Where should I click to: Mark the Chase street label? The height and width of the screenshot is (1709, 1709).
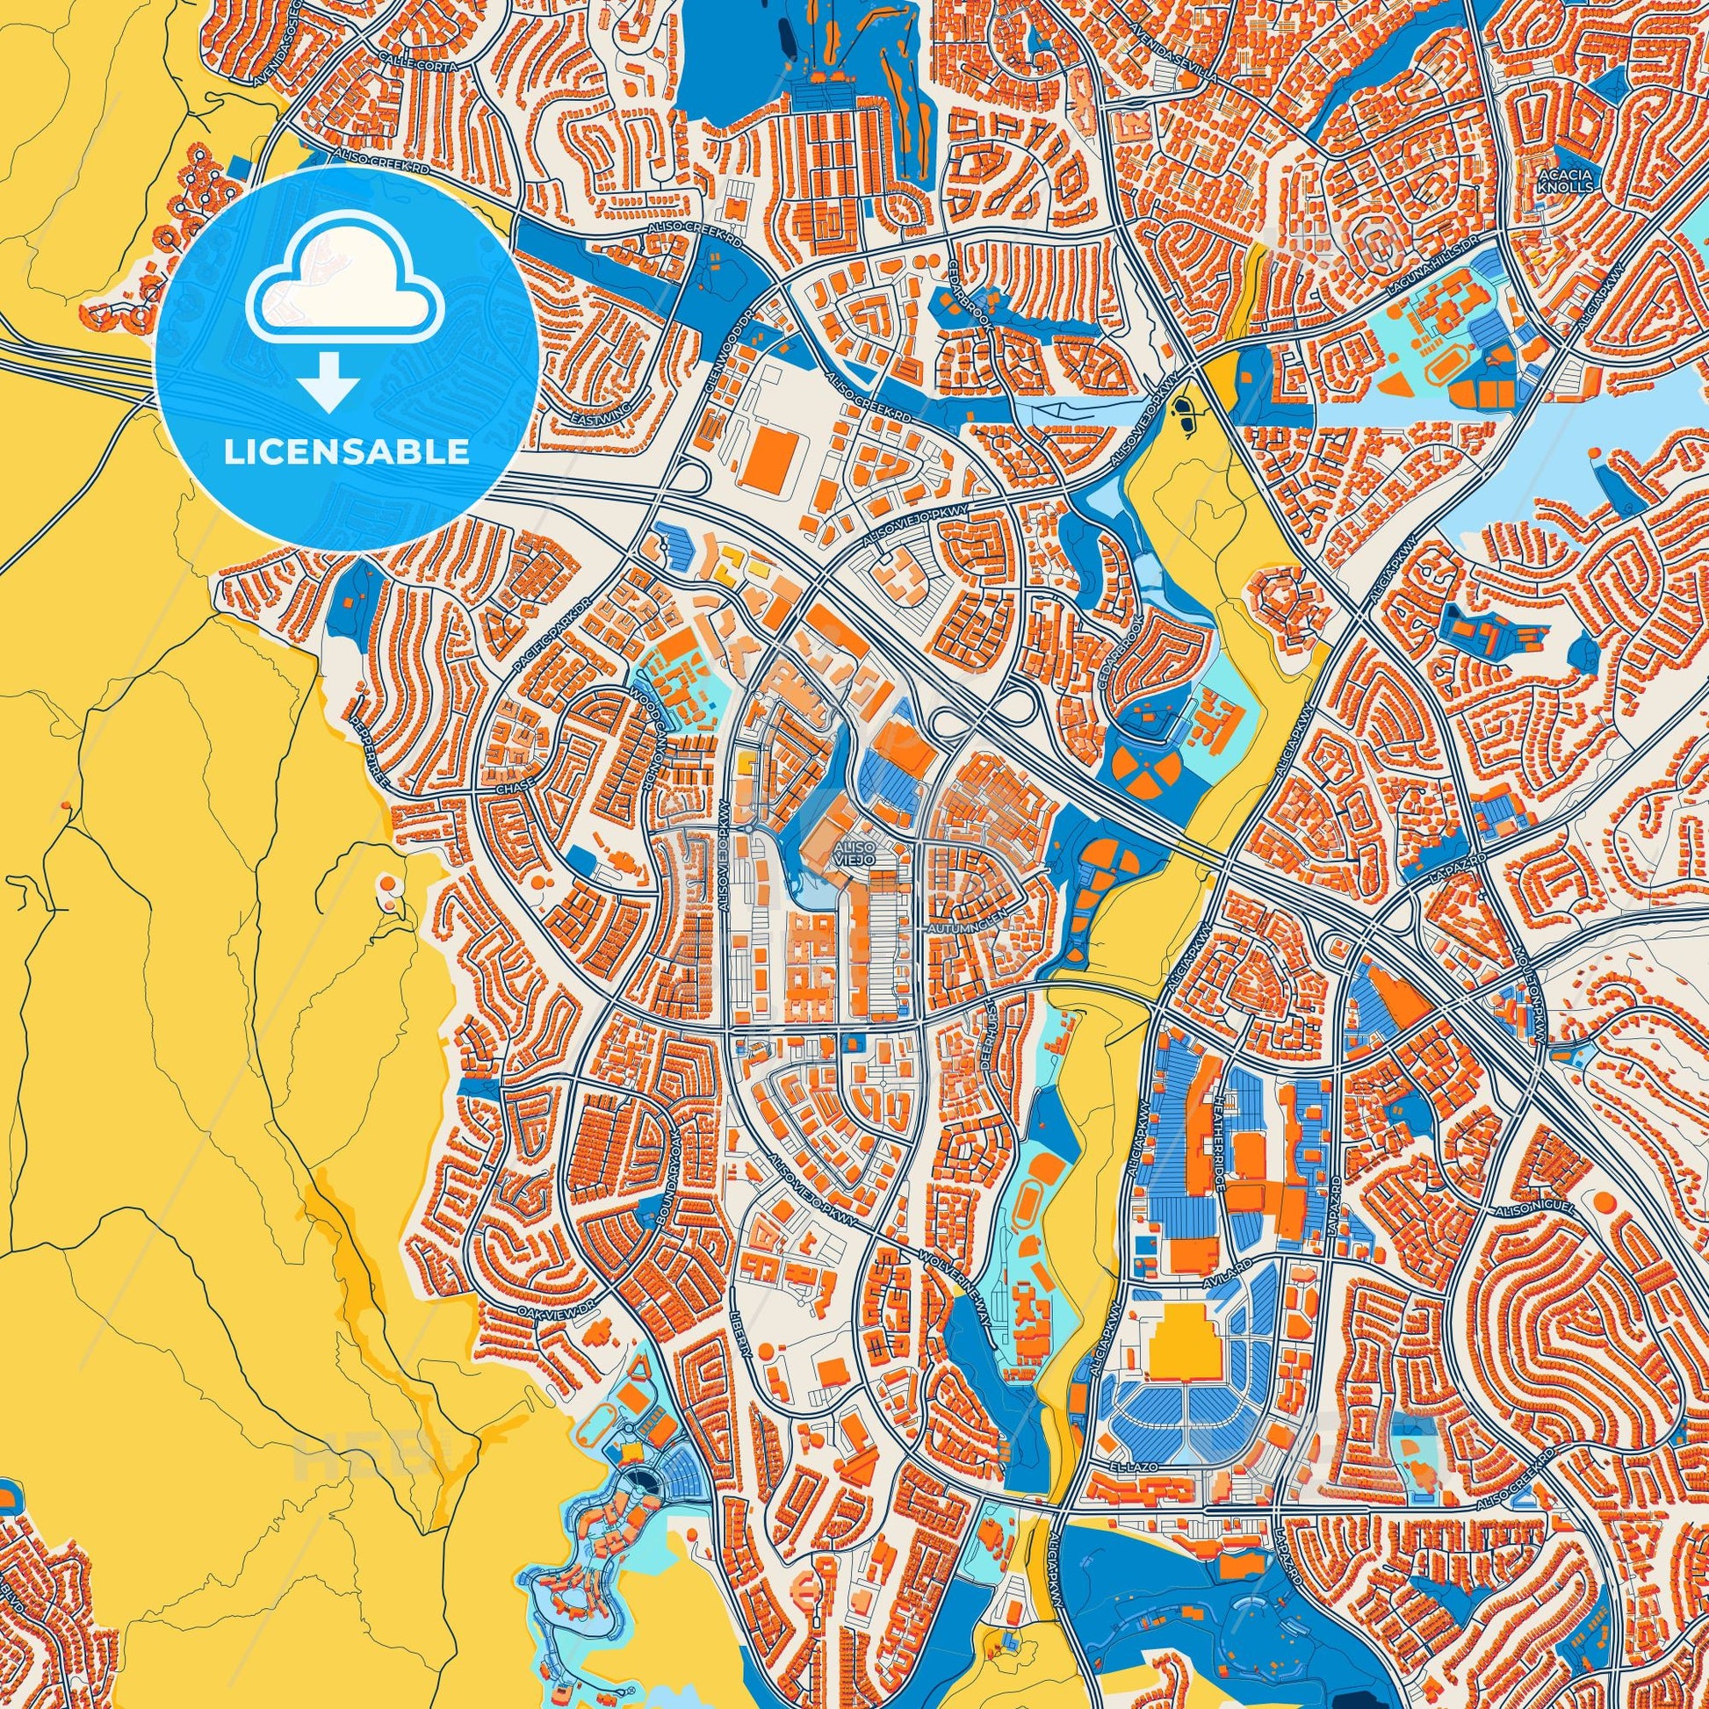pos(515,785)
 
